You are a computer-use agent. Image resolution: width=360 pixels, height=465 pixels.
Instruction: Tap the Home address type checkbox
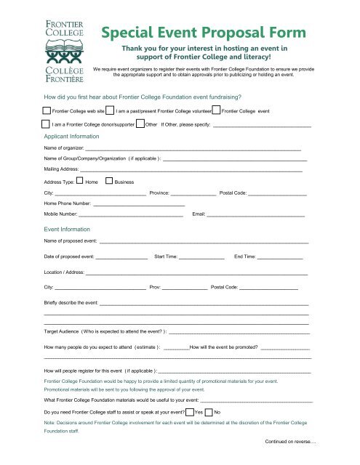pos(81,180)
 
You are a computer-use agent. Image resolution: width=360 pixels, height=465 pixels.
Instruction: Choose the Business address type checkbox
pos(109,180)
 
